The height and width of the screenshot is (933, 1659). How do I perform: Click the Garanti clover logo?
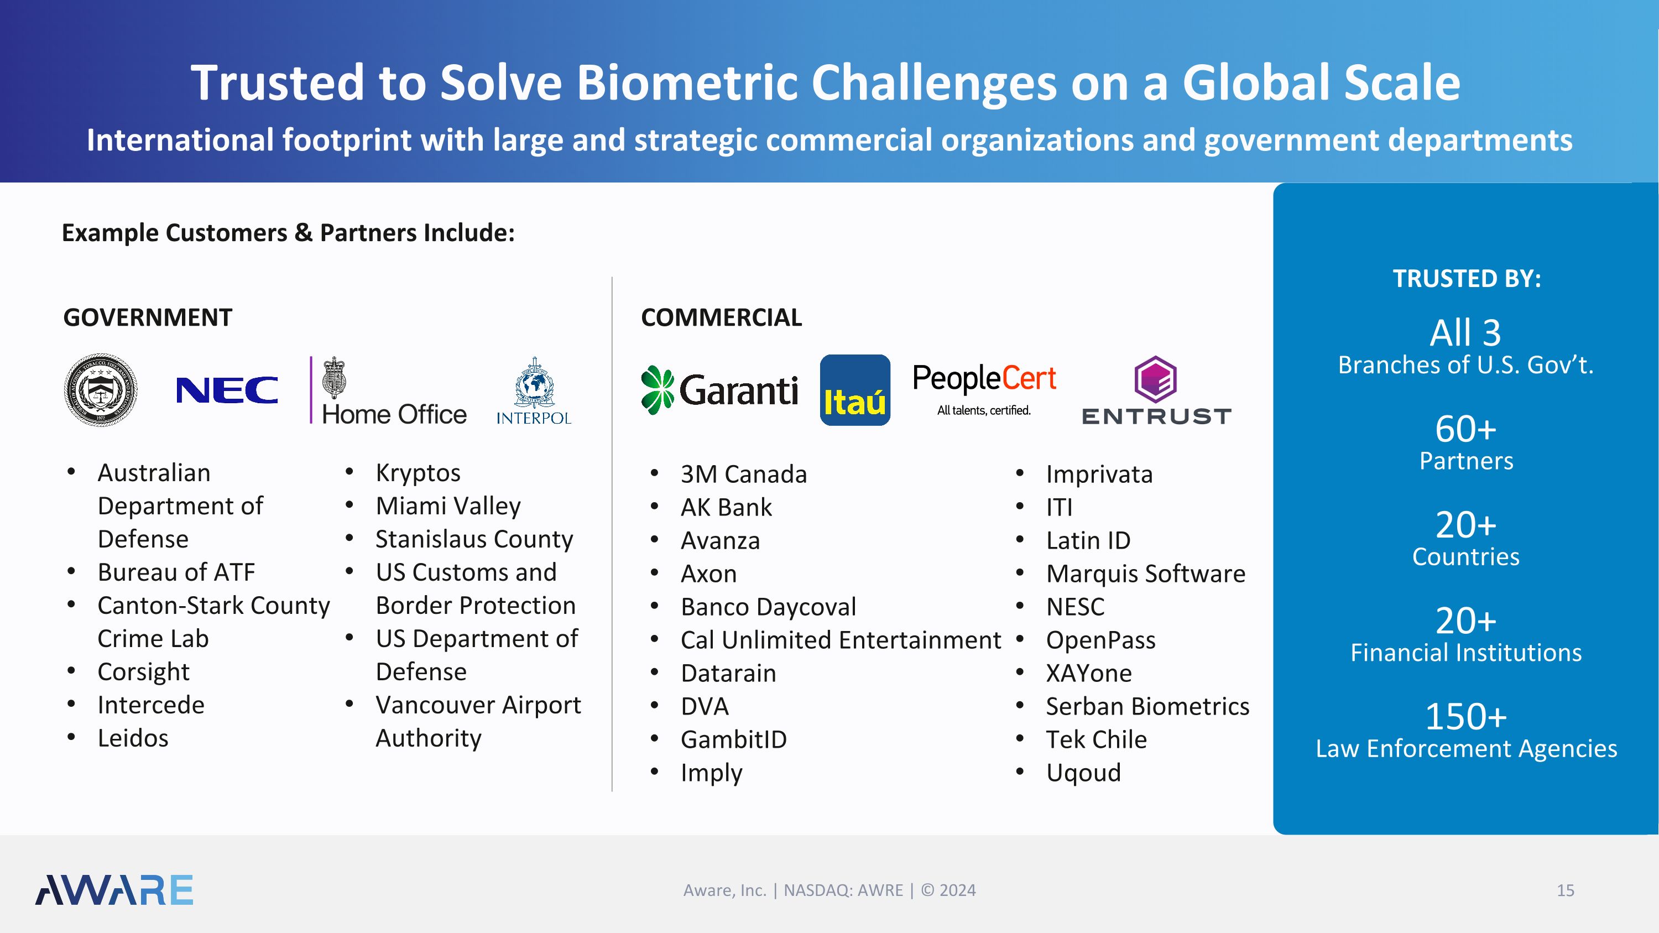658,389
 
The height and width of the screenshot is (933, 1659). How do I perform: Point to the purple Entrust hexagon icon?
1155,379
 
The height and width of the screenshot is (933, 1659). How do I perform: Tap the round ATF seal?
101,389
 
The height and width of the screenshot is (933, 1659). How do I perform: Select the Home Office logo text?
394,414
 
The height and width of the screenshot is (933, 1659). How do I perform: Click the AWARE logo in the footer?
114,890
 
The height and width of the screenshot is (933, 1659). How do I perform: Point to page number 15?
1565,890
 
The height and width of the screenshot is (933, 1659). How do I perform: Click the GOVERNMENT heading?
148,317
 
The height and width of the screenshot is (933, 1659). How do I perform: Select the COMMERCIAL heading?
721,317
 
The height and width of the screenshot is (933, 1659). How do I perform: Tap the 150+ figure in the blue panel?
1466,717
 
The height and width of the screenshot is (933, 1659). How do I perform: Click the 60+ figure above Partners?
1466,429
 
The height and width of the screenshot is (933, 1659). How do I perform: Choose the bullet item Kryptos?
418,473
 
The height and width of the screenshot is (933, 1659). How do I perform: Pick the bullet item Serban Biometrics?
1147,706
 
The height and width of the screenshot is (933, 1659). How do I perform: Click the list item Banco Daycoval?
768,607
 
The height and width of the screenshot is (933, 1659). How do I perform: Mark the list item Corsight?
143,672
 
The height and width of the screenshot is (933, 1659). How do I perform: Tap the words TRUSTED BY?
1467,279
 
